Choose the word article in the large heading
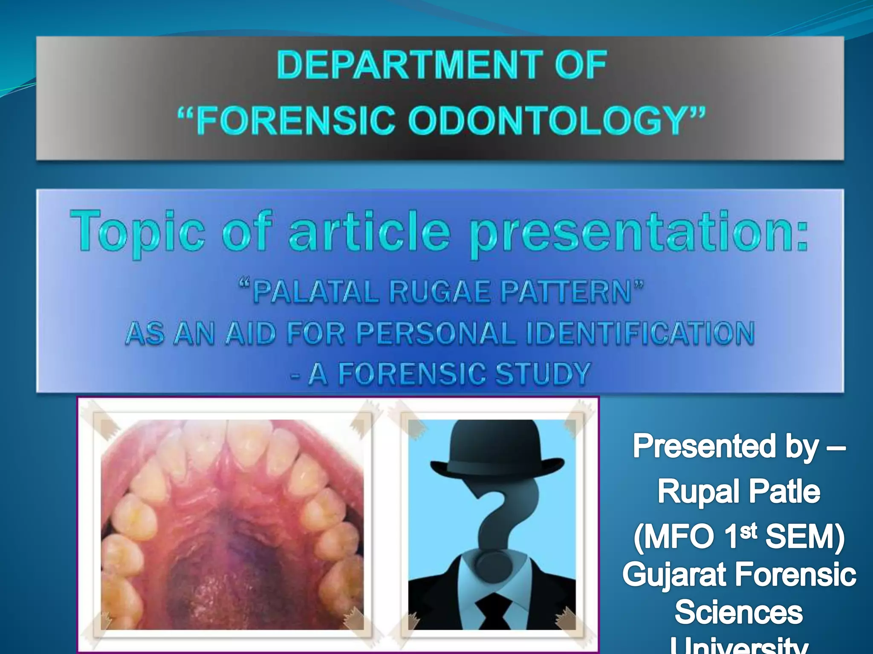pos(370,232)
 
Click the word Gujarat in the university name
pos(675,575)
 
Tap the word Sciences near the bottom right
pos(739,612)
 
